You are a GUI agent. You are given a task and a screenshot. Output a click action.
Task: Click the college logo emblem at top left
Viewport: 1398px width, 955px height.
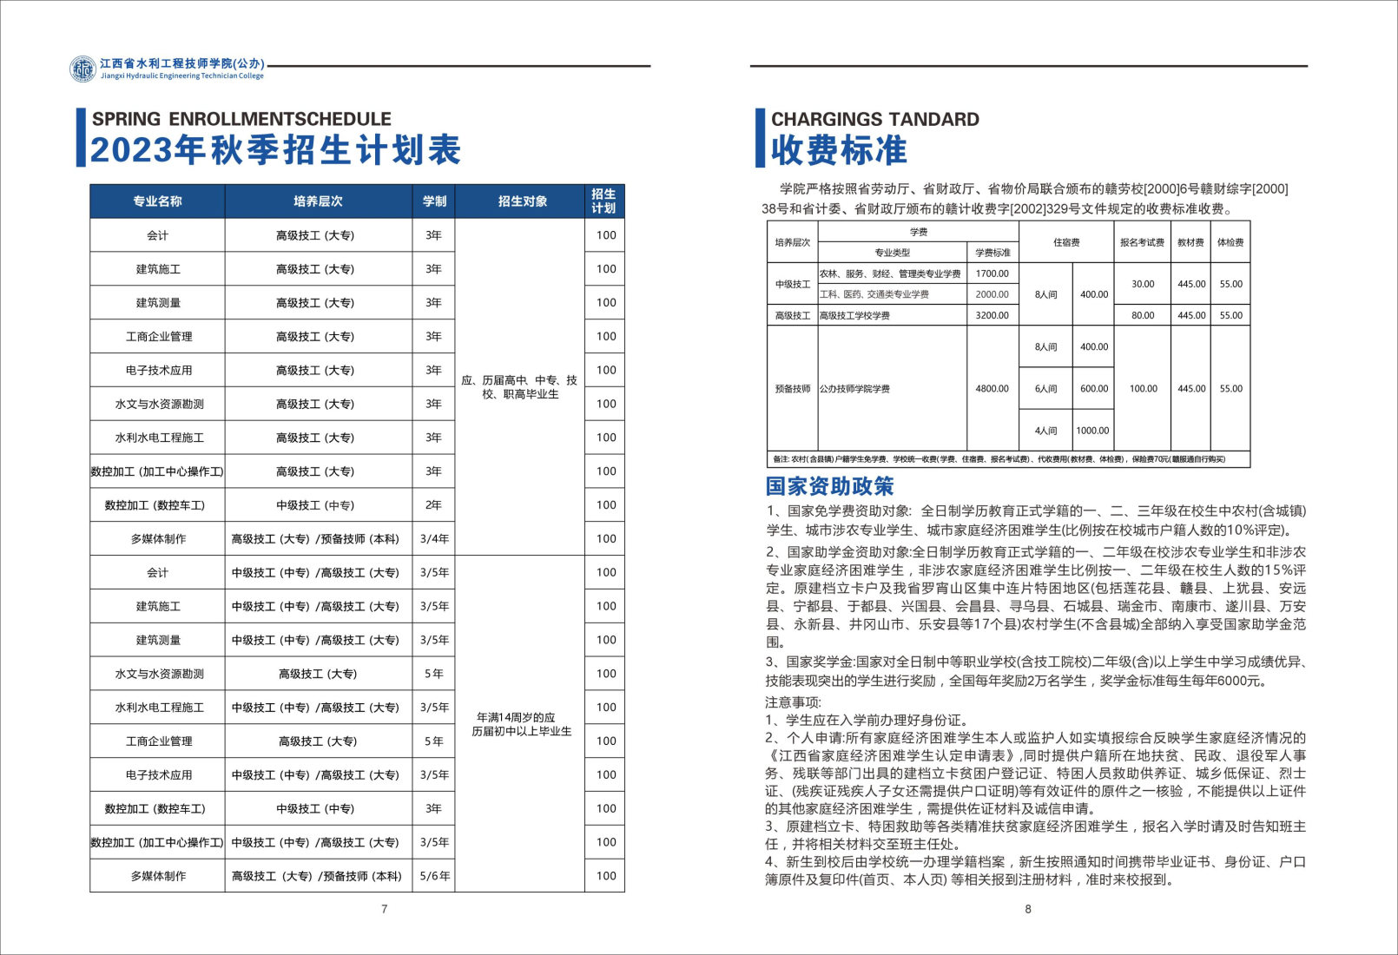[x=83, y=69]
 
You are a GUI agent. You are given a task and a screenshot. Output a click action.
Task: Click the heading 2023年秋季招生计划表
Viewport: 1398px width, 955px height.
[x=275, y=151]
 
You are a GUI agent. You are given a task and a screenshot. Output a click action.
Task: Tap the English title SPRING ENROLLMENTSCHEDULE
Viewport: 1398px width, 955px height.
[x=241, y=119]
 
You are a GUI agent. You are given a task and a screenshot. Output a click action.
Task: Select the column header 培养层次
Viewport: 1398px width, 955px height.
[x=318, y=201]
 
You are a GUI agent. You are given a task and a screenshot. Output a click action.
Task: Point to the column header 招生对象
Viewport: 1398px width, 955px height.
[x=522, y=201]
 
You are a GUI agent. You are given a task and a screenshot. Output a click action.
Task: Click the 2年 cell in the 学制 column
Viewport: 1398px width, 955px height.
[x=433, y=505]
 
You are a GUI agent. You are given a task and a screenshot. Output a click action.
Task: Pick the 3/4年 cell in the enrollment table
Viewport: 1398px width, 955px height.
[x=434, y=539]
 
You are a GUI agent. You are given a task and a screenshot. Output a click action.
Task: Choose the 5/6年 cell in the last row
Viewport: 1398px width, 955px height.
[x=434, y=876]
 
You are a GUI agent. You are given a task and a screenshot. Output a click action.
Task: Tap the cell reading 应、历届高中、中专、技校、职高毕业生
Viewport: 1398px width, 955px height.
[x=519, y=387]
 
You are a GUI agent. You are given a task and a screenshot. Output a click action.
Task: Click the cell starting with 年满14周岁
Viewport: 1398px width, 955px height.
[x=521, y=724]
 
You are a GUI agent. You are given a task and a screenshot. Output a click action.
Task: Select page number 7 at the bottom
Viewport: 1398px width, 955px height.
[x=385, y=909]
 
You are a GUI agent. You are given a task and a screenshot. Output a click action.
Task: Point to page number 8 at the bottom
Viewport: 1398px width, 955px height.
[x=1028, y=909]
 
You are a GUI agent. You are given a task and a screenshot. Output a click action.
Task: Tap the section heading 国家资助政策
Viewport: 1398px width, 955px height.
[x=829, y=486]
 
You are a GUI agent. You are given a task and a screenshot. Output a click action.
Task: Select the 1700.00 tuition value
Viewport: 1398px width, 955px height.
[x=992, y=273]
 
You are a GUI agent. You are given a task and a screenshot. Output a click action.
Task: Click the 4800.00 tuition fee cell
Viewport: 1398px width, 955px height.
[x=992, y=389]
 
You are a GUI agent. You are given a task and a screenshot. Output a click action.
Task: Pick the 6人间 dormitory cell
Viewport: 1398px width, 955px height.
[x=1045, y=389]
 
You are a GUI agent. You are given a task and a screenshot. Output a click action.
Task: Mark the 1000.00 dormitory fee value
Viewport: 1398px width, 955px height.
[x=1092, y=431]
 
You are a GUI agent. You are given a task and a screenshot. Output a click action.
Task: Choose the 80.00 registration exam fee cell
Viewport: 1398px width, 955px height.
[x=1143, y=316]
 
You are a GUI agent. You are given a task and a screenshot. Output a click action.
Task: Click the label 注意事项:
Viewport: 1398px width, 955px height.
[x=793, y=701]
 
